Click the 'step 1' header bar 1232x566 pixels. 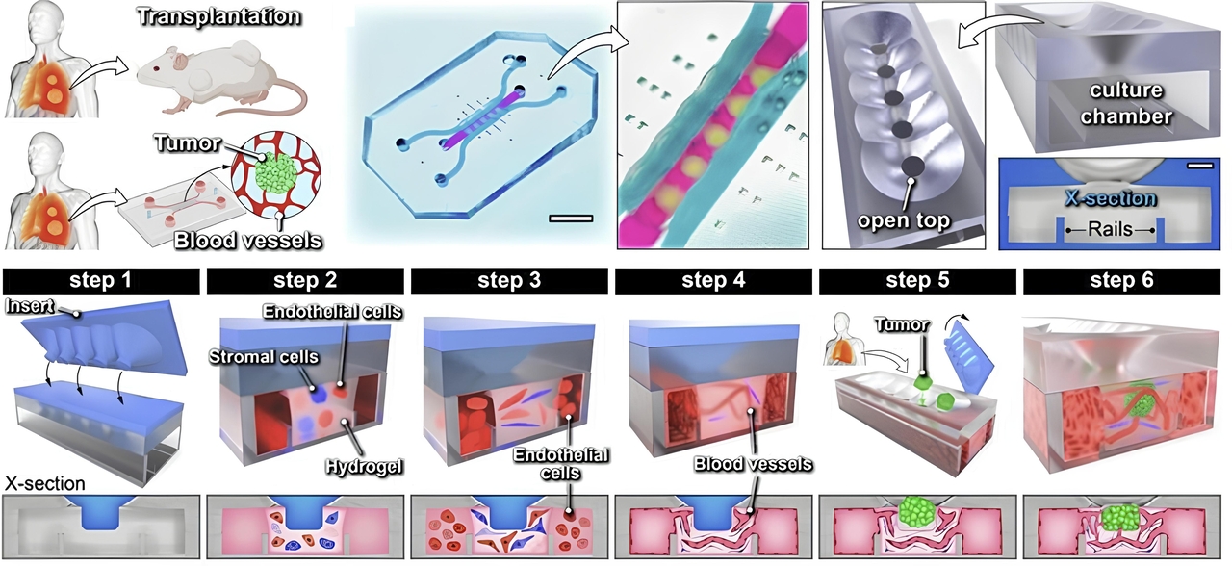[101, 281]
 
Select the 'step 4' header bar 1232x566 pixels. [713, 281]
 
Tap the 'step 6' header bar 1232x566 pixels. [1122, 281]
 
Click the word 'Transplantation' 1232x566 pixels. [218, 16]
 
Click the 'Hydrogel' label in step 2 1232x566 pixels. [364, 467]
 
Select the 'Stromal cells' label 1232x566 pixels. [264, 357]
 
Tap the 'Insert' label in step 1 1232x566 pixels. [30, 306]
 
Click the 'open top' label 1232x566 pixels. [904, 220]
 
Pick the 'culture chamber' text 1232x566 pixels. [1126, 103]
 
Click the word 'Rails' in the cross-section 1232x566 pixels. [1111, 229]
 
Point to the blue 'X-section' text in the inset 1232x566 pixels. [1111, 198]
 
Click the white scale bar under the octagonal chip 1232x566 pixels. [571, 219]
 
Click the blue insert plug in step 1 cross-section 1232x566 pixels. [101, 511]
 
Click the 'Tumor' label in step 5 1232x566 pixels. [902, 325]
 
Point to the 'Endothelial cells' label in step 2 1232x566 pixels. [332, 311]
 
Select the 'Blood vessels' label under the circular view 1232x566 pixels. [248, 241]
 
